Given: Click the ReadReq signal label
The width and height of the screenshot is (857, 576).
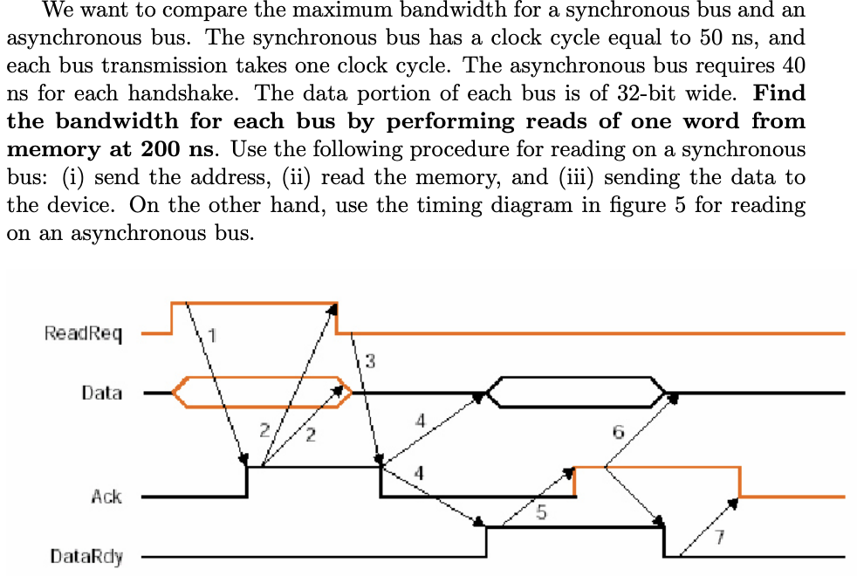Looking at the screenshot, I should pos(83,333).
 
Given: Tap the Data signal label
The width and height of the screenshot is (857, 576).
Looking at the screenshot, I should pos(101,393).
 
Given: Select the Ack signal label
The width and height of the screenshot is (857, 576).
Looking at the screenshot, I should pos(106,497).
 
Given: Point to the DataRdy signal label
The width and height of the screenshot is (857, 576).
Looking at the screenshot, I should pos(86,556).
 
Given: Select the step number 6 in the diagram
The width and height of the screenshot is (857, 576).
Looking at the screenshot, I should pos(619,431).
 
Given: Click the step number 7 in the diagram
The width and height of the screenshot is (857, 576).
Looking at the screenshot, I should pos(719,537).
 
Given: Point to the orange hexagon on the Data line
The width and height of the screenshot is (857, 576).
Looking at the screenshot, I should pos(262,393).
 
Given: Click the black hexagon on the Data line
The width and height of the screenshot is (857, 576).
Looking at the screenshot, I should pos(576,393).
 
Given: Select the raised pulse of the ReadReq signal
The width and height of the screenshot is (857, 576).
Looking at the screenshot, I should pos(254,304).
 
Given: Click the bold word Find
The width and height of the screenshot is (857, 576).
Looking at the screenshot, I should pos(778,93).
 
